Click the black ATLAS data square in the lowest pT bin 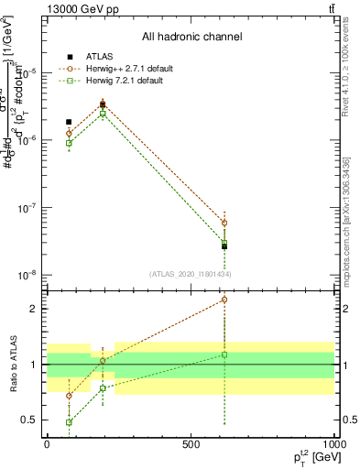pos(69,122)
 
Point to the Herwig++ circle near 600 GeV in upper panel pos(224,223)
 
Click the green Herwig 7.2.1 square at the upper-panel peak pos(103,115)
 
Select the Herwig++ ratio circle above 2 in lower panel pos(224,300)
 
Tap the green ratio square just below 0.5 pos(69,422)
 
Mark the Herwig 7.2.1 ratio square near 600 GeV pos(224,354)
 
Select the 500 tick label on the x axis pos(191,442)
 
